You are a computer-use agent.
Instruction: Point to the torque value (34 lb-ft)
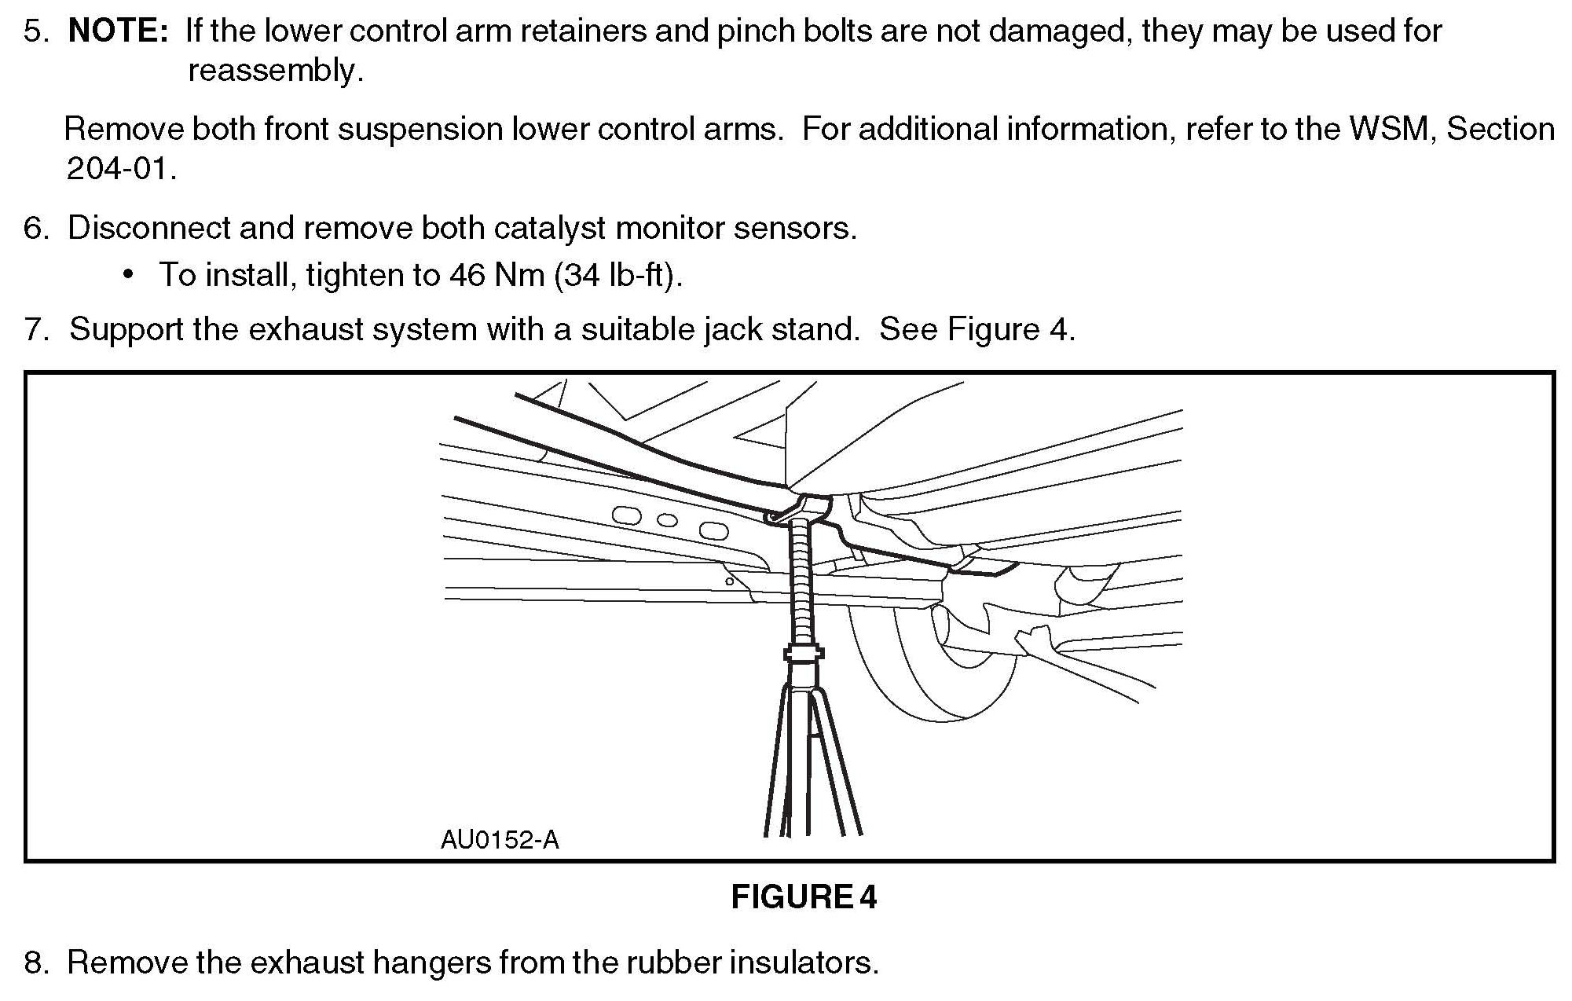tap(617, 275)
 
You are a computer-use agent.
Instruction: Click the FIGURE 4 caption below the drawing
tap(803, 897)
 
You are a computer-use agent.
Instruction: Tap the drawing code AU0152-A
tap(500, 841)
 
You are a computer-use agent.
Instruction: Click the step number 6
tap(35, 229)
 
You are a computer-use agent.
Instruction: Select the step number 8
tap(35, 963)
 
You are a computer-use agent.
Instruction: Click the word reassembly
tap(275, 71)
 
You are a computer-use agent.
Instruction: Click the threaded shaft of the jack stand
tap(801, 581)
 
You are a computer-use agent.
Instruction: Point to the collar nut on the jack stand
tap(803, 652)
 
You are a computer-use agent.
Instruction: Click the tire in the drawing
tap(927, 676)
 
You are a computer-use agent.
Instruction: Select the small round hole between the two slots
tap(667, 520)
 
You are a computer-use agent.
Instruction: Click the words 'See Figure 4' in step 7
tap(976, 330)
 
